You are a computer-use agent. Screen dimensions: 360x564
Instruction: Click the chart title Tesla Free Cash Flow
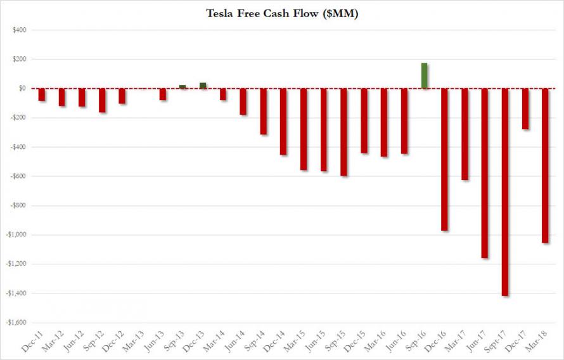(x=281, y=13)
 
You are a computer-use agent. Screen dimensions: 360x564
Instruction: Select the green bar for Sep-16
(x=425, y=76)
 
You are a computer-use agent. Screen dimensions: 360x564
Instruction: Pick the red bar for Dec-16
(x=445, y=159)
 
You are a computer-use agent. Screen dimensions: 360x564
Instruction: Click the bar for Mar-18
(x=546, y=165)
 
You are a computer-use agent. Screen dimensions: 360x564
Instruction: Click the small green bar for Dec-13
(x=203, y=86)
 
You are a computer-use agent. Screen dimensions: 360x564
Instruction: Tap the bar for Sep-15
(x=344, y=132)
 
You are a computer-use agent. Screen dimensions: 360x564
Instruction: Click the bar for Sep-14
(x=264, y=112)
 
